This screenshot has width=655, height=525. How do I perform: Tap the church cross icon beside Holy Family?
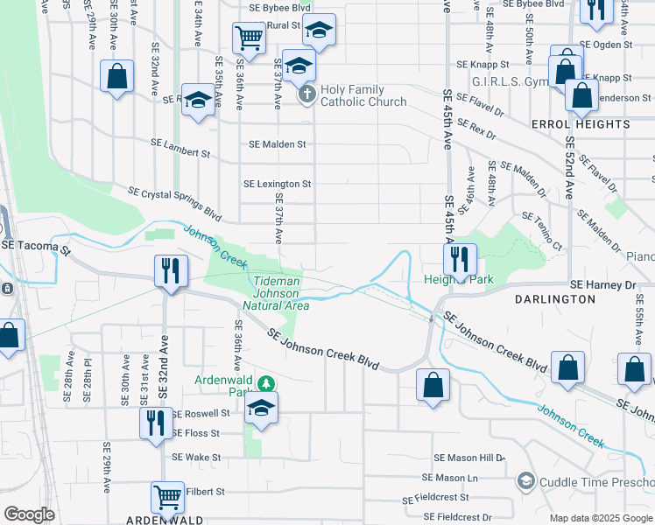click(x=306, y=94)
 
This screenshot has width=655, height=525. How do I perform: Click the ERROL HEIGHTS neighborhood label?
click(x=580, y=125)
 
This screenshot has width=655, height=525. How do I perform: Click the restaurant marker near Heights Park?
click(x=459, y=259)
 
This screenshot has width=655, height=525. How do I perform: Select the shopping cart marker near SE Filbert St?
click(x=167, y=496)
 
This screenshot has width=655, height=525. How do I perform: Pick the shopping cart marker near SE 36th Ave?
click(x=249, y=38)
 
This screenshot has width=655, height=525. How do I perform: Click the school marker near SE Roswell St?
click(x=261, y=408)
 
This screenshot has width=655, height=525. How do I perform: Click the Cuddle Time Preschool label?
click(x=596, y=480)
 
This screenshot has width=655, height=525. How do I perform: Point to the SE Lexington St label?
click(x=278, y=185)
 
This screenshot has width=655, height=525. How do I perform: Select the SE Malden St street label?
click(x=278, y=144)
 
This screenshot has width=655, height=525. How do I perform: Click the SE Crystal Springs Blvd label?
click(x=174, y=202)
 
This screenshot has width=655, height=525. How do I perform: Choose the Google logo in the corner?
click(x=29, y=514)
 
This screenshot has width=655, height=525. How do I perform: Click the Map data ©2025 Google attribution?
click(x=601, y=518)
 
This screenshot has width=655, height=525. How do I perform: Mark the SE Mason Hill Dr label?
click(x=470, y=458)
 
